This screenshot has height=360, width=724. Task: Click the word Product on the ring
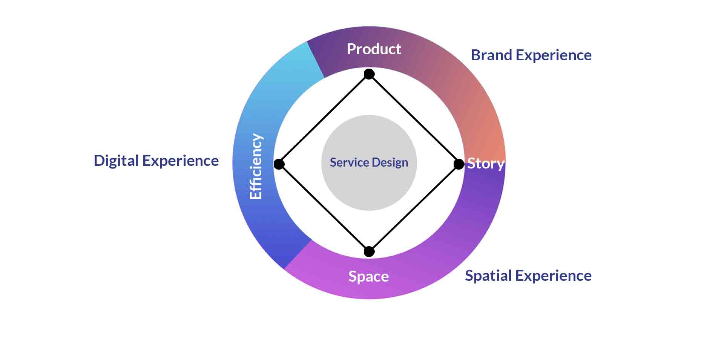(374, 49)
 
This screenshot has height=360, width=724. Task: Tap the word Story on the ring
(485, 164)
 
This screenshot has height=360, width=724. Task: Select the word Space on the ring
(368, 276)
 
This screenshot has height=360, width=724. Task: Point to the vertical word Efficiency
(256, 166)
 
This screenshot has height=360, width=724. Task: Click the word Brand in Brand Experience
(491, 55)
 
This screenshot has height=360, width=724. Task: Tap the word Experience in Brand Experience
(554, 55)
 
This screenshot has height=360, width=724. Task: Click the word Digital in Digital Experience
(116, 161)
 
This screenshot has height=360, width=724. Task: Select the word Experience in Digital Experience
(181, 161)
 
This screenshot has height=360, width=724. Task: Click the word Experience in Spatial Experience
(554, 276)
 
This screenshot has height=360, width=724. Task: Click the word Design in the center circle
(390, 162)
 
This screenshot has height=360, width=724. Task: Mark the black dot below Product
(369, 74)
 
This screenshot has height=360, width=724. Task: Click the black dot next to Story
(459, 164)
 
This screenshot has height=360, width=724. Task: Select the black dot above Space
(369, 251)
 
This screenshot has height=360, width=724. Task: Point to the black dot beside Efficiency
(279, 164)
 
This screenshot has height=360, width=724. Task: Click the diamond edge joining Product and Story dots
(414, 119)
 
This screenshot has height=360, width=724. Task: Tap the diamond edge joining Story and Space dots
(414, 208)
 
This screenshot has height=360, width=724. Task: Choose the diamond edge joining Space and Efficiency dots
(324, 208)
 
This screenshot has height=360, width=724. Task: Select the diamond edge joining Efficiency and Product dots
(324, 119)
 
